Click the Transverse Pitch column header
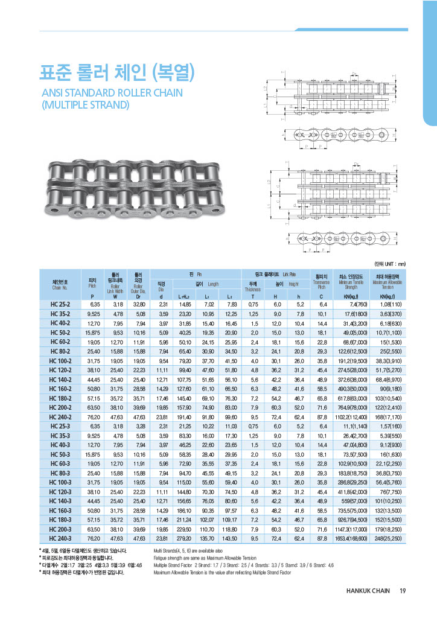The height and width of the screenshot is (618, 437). (321, 284)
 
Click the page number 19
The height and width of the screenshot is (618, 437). (402, 591)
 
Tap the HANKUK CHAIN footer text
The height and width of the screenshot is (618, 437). (363, 591)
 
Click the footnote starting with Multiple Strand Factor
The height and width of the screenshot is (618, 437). (244, 565)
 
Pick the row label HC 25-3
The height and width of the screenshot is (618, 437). (62, 427)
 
